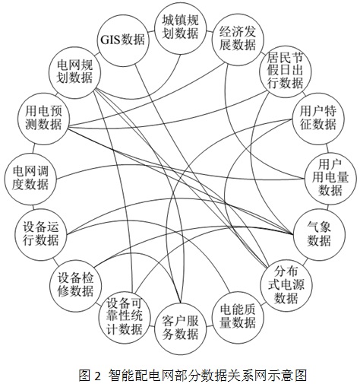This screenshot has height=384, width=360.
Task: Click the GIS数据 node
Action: (x=123, y=40)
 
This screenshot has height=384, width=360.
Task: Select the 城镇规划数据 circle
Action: (x=180, y=28)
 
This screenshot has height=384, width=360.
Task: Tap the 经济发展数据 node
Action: (x=238, y=39)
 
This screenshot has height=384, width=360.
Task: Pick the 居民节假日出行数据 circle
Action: (x=286, y=71)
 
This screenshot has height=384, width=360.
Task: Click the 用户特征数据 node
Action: (x=318, y=119)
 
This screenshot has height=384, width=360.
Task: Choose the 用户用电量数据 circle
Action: (x=330, y=178)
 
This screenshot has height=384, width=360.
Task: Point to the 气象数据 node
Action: (x=319, y=234)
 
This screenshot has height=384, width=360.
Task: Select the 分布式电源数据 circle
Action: (x=286, y=285)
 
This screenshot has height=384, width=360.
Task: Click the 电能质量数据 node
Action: (x=238, y=317)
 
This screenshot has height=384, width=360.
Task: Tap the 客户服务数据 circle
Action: (x=180, y=328)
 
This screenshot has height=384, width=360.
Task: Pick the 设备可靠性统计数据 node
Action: (x=125, y=317)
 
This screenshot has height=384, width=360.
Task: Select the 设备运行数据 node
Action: (x=41, y=234)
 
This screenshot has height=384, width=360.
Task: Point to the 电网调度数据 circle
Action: (x=30, y=178)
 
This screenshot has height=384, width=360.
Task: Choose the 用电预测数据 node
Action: (x=43, y=119)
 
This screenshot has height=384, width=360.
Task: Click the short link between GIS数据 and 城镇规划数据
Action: (x=151, y=32)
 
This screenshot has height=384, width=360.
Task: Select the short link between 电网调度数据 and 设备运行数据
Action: (x=33, y=206)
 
